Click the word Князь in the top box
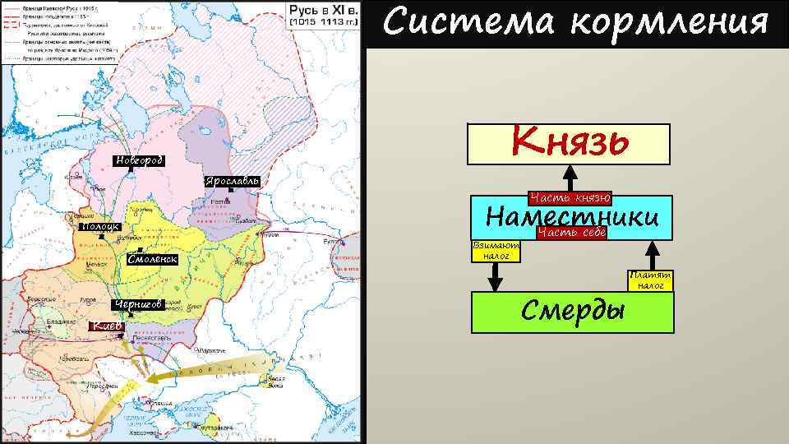(x=570, y=142)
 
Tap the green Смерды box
(x=573, y=311)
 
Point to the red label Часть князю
(x=570, y=197)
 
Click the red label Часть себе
(x=571, y=234)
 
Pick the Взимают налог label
(x=496, y=251)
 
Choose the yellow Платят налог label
(x=650, y=280)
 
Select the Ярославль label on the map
(x=233, y=180)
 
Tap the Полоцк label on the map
(x=100, y=227)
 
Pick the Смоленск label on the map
(x=153, y=259)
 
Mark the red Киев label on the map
(x=107, y=326)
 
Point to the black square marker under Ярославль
(x=231, y=191)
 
